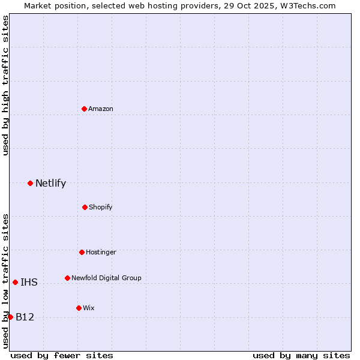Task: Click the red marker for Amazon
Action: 84,109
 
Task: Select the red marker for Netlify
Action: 30,183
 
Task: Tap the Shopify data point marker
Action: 85,207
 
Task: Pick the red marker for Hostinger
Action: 82,252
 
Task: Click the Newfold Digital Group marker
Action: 67,278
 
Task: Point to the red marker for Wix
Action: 79,308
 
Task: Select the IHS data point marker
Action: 15,282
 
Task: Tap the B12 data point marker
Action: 10,317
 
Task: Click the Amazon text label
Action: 101,109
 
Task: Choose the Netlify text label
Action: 50,184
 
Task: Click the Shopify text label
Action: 101,207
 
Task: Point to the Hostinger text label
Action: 101,252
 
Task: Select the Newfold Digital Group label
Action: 106,278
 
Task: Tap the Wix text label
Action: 89,308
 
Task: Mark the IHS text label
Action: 29,283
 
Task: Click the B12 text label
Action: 25,317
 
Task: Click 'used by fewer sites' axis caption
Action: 62,355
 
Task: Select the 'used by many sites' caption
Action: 301,355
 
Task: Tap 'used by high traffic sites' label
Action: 6,86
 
